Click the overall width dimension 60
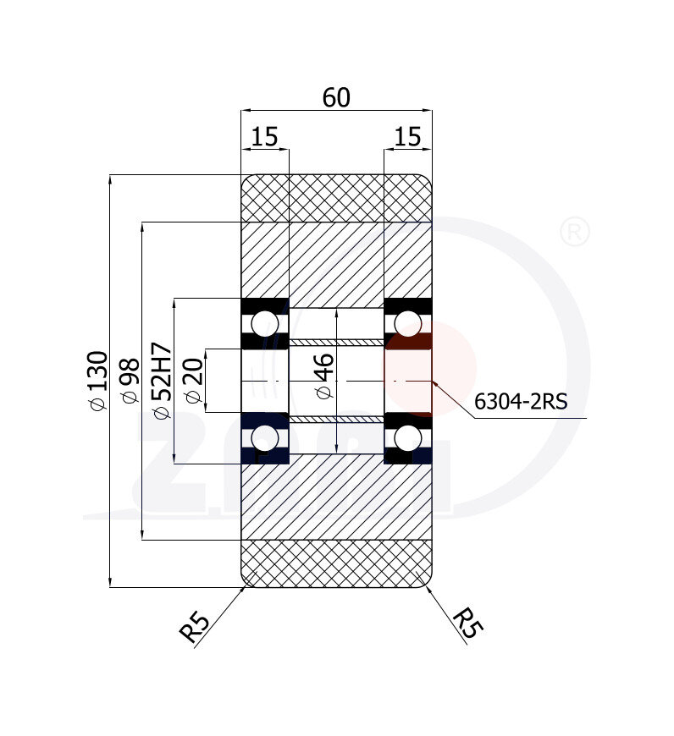[x=336, y=97]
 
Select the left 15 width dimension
[x=264, y=136]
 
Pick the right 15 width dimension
[x=407, y=136]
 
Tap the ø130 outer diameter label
[x=98, y=381]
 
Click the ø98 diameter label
[x=130, y=381]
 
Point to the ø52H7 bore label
[x=162, y=381]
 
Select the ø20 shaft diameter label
[x=194, y=381]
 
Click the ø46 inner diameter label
[x=324, y=376]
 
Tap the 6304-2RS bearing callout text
[x=521, y=401]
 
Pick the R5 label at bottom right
[x=467, y=623]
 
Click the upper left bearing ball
[x=264, y=323]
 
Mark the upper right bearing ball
[x=407, y=323]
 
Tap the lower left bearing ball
[x=264, y=438]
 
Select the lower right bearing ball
[x=407, y=438]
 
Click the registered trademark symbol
[x=575, y=231]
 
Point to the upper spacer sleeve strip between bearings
[x=336, y=342]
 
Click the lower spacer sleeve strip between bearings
[x=336, y=419]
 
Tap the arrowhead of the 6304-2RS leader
[x=435, y=383]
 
